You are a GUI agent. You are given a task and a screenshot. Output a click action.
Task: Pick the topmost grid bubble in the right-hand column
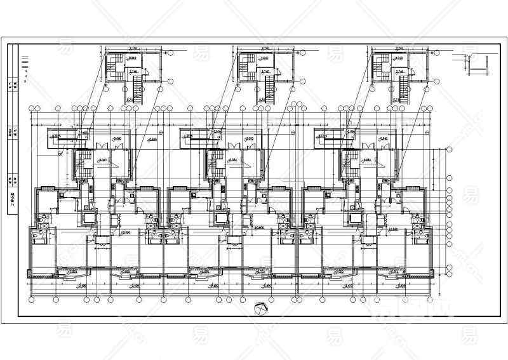[x=450, y=147]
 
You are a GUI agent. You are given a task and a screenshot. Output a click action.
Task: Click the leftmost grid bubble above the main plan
[x=31, y=109]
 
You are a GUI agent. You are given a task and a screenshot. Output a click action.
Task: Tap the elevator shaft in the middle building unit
[x=221, y=218]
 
